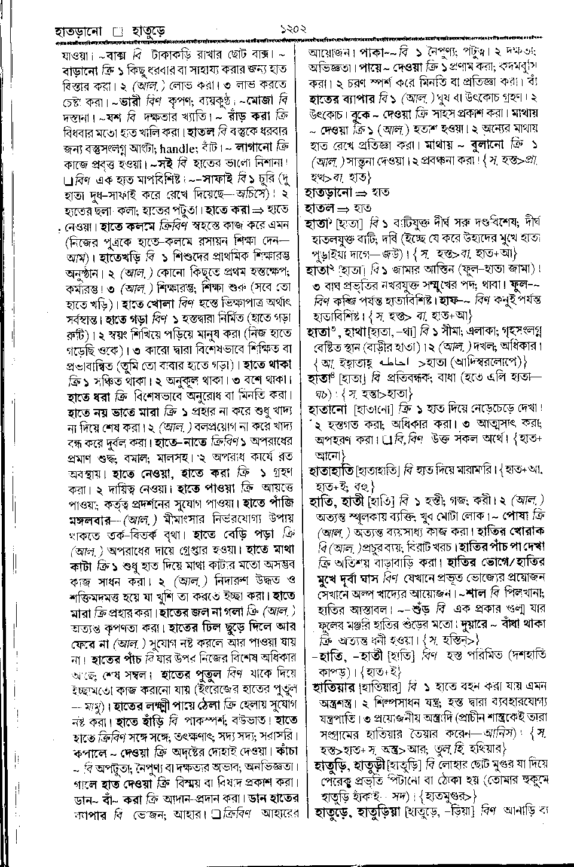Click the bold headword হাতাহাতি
[x=331, y=470]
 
